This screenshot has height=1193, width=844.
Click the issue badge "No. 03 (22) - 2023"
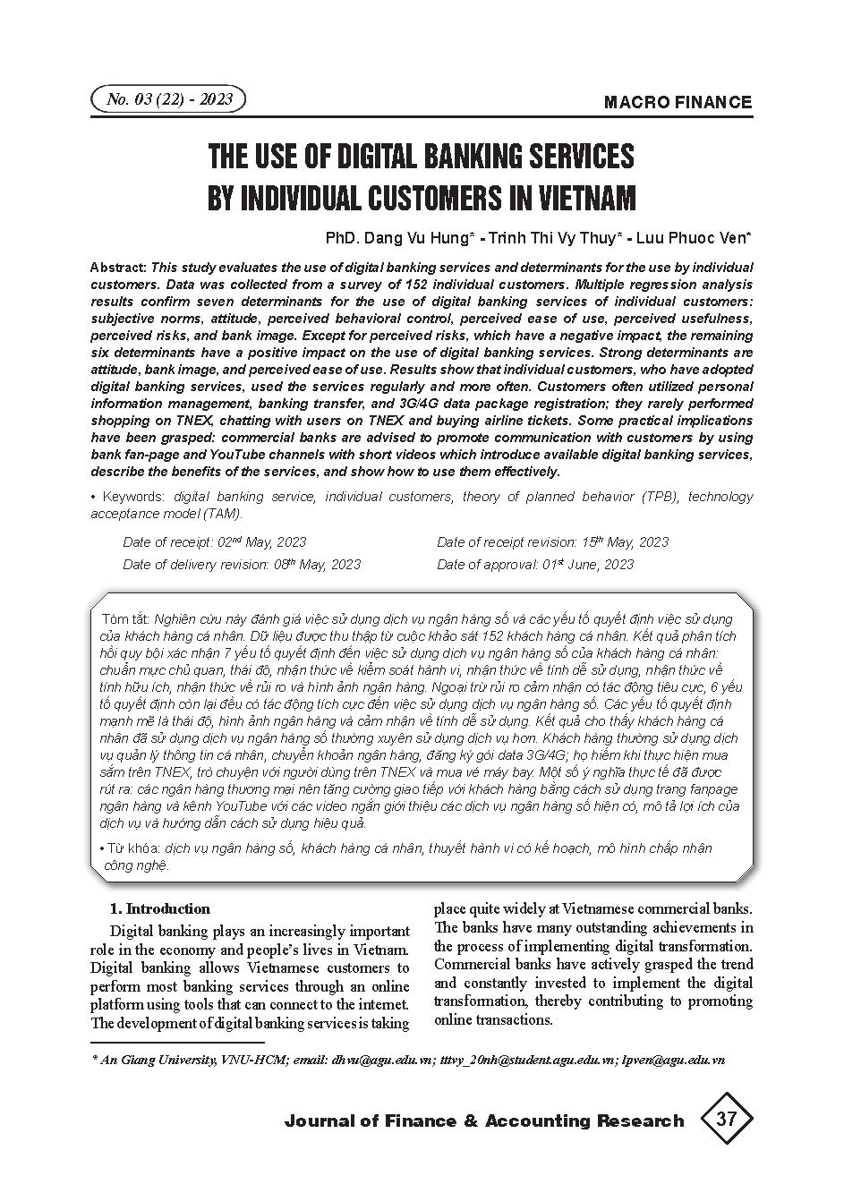168,99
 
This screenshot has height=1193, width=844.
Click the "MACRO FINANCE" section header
678,102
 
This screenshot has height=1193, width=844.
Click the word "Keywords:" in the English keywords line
133,497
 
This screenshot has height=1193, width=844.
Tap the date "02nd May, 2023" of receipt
261,542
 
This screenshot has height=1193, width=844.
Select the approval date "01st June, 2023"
588,565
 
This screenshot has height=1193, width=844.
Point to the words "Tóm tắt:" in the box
125,619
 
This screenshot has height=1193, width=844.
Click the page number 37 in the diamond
726,1119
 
